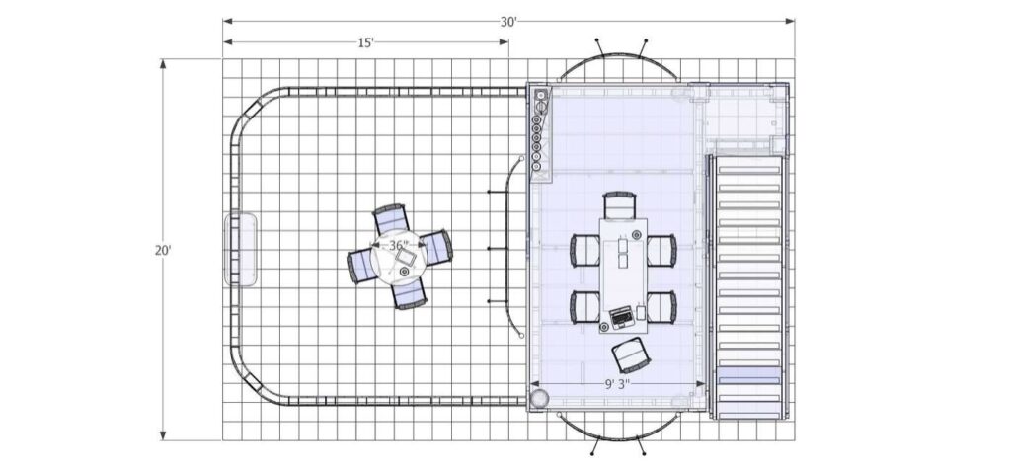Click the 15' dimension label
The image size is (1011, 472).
click(x=365, y=42)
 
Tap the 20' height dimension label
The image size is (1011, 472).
click(x=163, y=251)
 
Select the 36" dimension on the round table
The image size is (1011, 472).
click(x=398, y=245)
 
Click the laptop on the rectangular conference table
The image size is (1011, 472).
click(x=622, y=317)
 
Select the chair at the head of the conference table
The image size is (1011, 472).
click(x=619, y=204)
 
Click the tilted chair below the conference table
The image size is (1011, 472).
click(x=629, y=353)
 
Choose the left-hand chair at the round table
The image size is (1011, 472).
click(x=363, y=264)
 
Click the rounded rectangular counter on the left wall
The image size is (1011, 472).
click(x=242, y=249)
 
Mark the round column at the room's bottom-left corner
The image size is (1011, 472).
click(x=540, y=398)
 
